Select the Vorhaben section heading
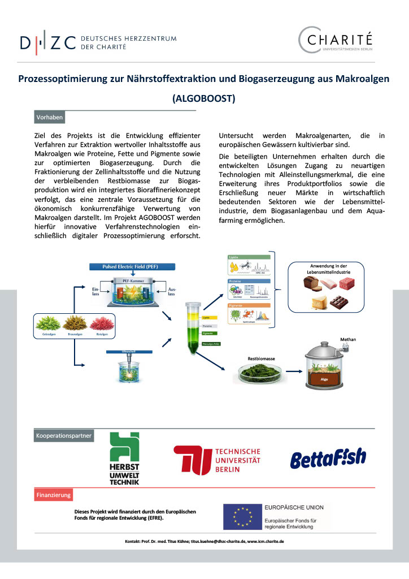tap(50, 118)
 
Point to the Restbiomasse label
tap(261, 359)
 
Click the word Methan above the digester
tap(347, 339)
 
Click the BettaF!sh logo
tap(328, 458)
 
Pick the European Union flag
tap(241, 517)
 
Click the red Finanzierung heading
tap(54, 495)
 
